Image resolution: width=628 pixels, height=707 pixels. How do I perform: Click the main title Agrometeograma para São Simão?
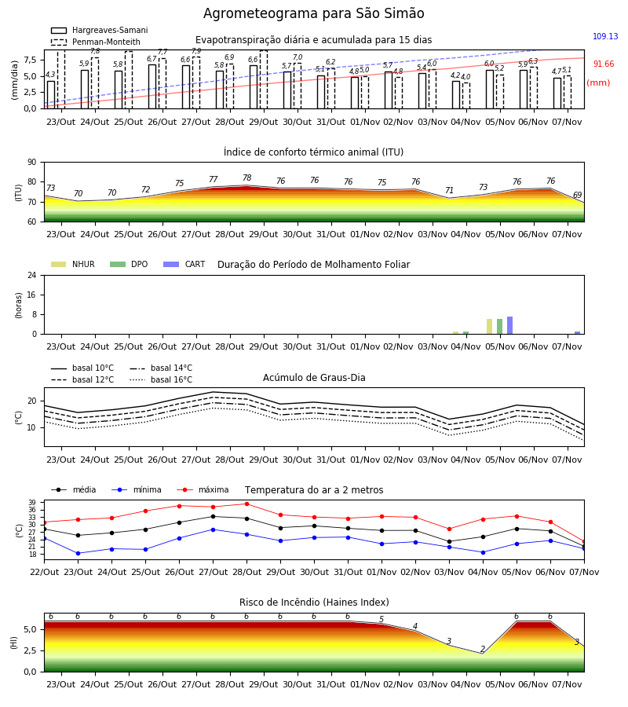(x=313, y=13)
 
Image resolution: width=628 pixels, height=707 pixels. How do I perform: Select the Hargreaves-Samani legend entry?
(x=99, y=30)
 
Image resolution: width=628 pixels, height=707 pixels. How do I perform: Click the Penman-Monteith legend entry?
(x=96, y=42)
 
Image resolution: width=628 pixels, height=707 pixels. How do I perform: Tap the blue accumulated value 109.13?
(x=605, y=36)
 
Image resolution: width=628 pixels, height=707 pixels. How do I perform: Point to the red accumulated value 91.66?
(x=603, y=64)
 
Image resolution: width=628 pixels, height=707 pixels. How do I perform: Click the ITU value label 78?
(x=246, y=178)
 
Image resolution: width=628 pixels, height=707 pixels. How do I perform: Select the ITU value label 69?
(x=577, y=196)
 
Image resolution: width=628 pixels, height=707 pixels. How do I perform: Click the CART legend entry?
(x=184, y=264)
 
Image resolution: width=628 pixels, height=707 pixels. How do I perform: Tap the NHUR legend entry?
(x=73, y=264)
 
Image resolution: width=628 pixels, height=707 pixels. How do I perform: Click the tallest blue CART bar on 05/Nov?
(x=510, y=325)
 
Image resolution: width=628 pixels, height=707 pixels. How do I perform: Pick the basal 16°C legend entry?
(x=161, y=379)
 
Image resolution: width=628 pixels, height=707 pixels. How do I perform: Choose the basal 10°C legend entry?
(x=82, y=368)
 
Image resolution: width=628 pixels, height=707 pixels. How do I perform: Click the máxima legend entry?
(x=203, y=489)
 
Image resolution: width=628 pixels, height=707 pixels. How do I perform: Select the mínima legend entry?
(x=137, y=489)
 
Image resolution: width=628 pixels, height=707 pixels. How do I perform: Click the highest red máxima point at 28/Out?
(x=246, y=504)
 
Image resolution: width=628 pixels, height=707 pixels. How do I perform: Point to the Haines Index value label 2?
(x=483, y=650)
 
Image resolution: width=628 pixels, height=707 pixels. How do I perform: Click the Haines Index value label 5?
(x=382, y=620)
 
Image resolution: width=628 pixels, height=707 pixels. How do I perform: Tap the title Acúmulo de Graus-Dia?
(x=314, y=378)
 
